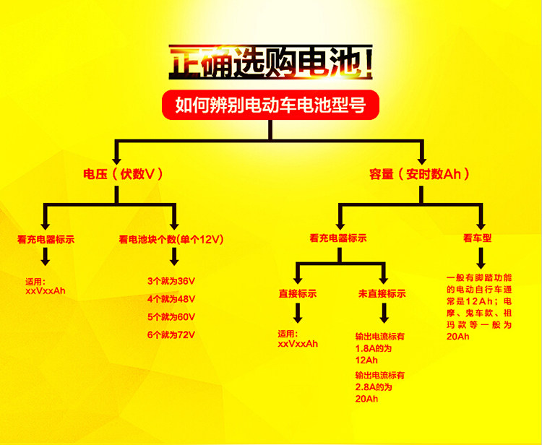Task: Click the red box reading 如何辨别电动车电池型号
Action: click(270, 105)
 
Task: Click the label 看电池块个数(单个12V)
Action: click(173, 238)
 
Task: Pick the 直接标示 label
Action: click(298, 294)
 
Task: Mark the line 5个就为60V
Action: click(171, 317)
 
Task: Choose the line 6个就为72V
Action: click(171, 335)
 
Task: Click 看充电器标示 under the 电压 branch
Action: click(46, 238)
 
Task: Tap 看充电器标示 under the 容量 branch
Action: click(338, 238)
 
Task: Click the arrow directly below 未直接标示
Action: click(382, 314)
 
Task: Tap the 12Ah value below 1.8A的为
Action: click(366, 360)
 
